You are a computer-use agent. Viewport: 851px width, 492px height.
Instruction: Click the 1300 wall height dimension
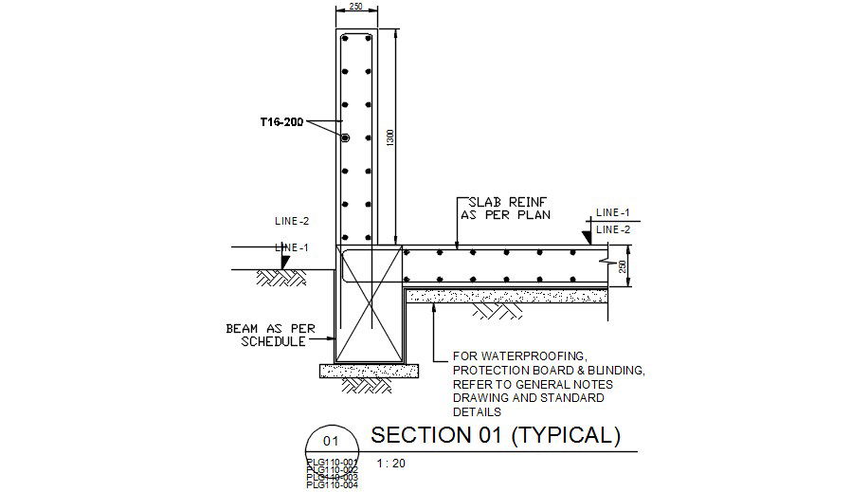tap(389, 137)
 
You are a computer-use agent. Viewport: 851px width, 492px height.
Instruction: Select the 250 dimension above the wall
tap(356, 7)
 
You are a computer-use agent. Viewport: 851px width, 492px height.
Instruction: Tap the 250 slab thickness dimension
tap(623, 268)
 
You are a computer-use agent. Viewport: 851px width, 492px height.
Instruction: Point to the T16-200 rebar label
tap(281, 122)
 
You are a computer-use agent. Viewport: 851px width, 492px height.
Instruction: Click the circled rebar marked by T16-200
tap(346, 138)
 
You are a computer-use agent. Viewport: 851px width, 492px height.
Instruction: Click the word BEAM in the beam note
tap(244, 329)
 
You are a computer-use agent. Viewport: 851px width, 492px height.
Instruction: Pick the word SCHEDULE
tap(272, 341)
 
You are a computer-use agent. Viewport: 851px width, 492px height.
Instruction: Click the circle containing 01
tap(330, 441)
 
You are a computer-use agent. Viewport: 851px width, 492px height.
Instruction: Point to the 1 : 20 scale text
tap(390, 464)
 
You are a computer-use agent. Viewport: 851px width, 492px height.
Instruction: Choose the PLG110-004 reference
tap(332, 485)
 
